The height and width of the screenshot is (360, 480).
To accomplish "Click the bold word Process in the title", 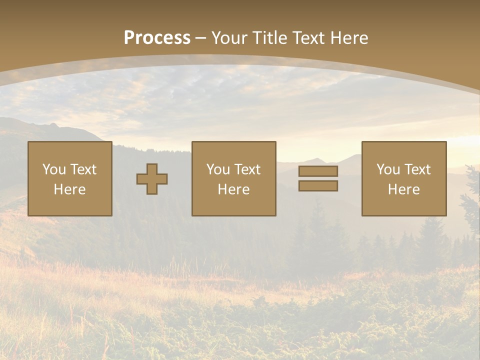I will click(157, 38).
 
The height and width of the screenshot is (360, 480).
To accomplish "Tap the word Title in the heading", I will click(269, 38).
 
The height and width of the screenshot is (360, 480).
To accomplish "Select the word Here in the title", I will click(349, 38).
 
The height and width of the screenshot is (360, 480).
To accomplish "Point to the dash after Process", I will click(201, 38).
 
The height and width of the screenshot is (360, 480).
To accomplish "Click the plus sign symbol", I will click(152, 179).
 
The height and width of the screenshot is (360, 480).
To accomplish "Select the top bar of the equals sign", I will click(318, 171).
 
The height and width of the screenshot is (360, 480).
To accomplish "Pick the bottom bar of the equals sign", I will click(318, 186).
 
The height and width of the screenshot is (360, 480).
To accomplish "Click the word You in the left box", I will click(54, 169).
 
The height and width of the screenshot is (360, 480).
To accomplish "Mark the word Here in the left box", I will click(70, 189).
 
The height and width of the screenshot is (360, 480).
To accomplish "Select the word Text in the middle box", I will click(247, 169).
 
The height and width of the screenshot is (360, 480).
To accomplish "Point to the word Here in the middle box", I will click(234, 189).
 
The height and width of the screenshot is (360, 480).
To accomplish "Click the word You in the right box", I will click(388, 169).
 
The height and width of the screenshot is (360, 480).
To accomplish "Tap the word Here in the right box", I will click(404, 189).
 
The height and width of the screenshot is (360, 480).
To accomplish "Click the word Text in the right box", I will click(417, 169).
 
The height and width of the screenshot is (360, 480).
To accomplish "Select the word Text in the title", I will click(308, 38).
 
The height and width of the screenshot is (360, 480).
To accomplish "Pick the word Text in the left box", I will click(83, 169).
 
